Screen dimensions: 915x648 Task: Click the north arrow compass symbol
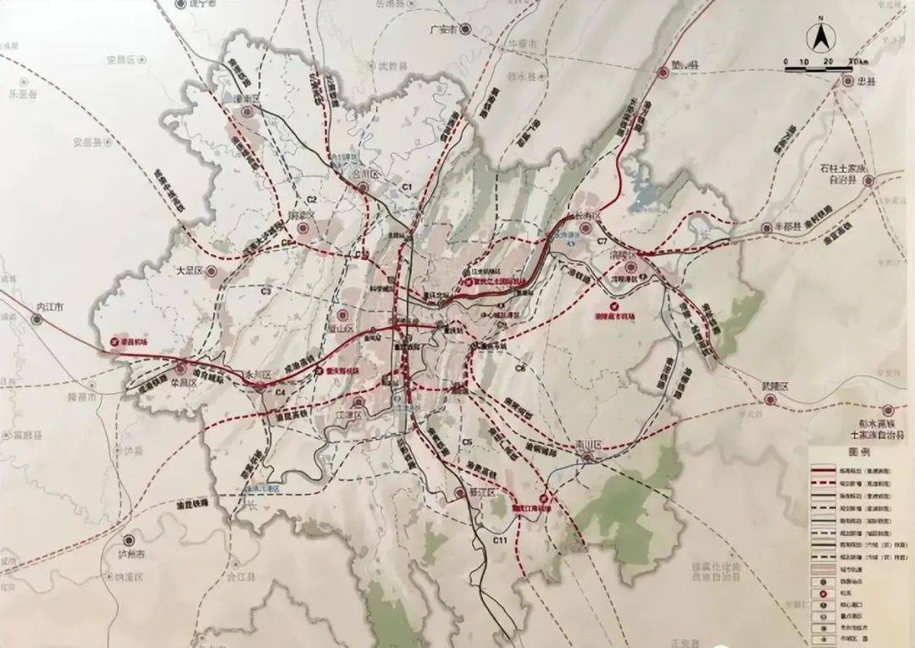pos(820,37)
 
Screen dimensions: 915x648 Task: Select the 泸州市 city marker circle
pos(128,540)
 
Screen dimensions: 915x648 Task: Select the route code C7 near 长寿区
pos(602,243)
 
